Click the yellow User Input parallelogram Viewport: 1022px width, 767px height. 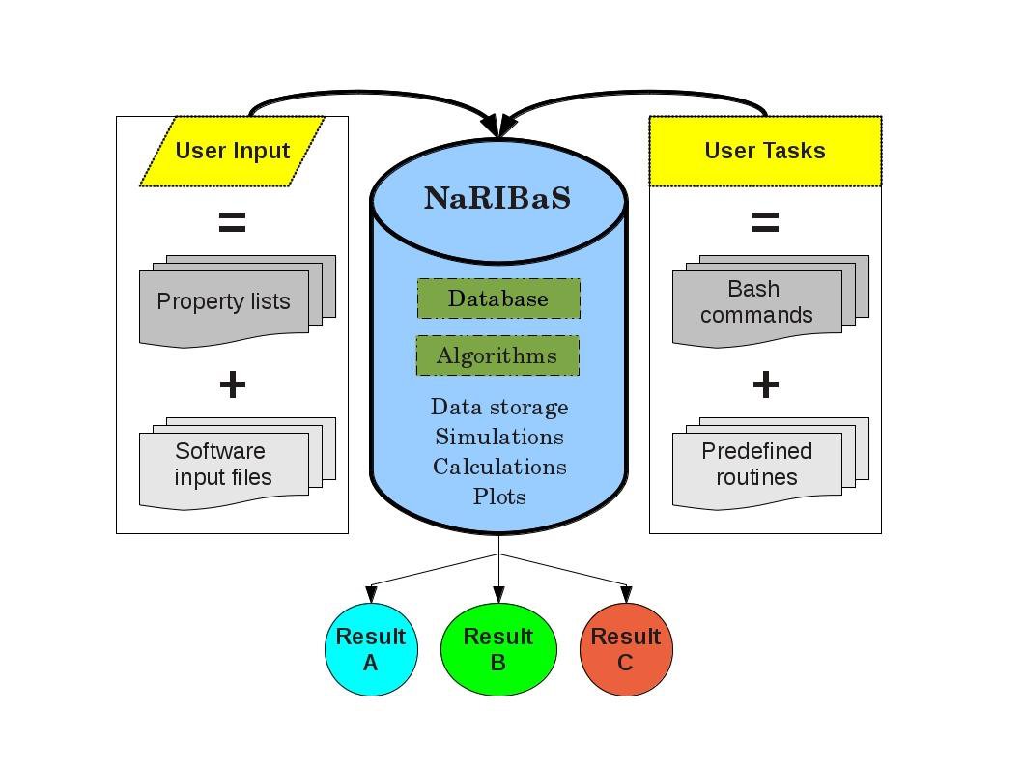click(x=232, y=151)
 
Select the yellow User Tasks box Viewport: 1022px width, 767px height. click(x=765, y=151)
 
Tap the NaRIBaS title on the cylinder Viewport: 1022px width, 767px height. click(x=498, y=199)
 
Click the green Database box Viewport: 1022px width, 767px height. click(x=498, y=298)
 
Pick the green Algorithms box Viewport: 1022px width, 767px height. click(x=497, y=355)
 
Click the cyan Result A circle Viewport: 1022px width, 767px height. click(x=371, y=649)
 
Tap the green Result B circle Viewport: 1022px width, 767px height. click(x=498, y=649)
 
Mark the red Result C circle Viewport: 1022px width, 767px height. click(x=626, y=649)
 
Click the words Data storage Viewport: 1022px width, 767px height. click(x=499, y=408)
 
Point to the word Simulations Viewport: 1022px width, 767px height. click(x=499, y=438)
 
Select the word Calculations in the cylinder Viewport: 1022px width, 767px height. click(x=499, y=468)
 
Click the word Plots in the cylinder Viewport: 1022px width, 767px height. click(x=499, y=497)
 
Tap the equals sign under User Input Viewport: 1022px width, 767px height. click(x=232, y=223)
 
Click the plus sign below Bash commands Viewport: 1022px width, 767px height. click(x=765, y=384)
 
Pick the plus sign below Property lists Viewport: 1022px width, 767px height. click(x=232, y=384)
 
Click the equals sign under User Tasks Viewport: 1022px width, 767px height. click(x=765, y=223)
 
